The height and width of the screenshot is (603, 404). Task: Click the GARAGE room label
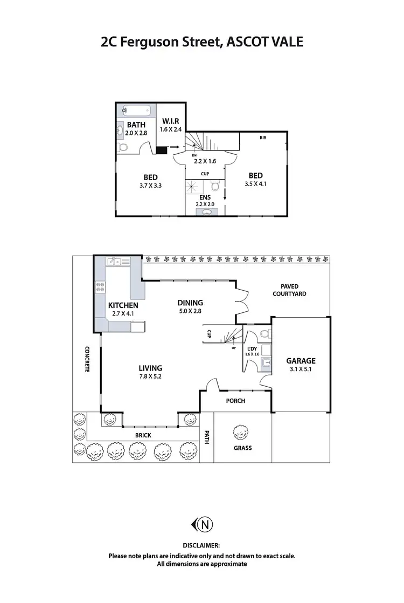(301, 361)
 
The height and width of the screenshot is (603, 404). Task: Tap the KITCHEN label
(123, 305)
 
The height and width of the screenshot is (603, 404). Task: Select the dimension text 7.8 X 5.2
(150, 376)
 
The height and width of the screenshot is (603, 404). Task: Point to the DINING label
(190, 303)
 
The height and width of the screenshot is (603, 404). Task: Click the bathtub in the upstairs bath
(135, 111)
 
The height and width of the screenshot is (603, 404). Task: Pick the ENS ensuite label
(205, 197)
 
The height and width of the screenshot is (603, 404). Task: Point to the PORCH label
(236, 401)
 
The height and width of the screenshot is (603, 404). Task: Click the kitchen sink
(119, 262)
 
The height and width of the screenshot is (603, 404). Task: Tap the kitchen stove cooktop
(100, 287)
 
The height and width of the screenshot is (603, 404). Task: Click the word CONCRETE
(87, 360)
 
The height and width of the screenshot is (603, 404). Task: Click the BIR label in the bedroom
(262, 138)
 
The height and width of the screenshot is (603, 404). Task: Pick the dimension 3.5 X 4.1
(255, 183)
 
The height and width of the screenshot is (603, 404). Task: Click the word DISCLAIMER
(201, 546)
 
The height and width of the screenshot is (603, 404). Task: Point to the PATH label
(206, 437)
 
